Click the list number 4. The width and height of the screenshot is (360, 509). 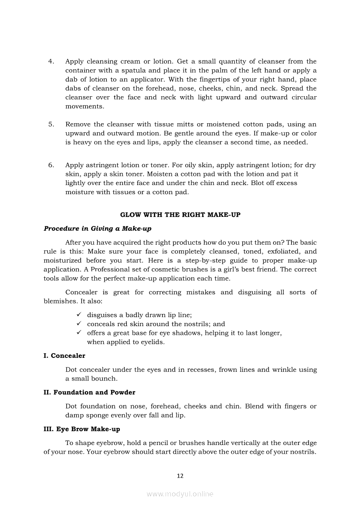(51, 61)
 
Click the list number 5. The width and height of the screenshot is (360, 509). (51, 125)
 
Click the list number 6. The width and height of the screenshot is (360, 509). (51, 165)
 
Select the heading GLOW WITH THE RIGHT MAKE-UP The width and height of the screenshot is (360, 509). (180, 215)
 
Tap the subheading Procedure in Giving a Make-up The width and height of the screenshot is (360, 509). (98, 229)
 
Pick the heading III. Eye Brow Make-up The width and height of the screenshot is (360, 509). (82, 429)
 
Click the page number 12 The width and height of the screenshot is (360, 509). (180, 476)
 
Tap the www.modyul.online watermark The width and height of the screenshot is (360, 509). (180, 494)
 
